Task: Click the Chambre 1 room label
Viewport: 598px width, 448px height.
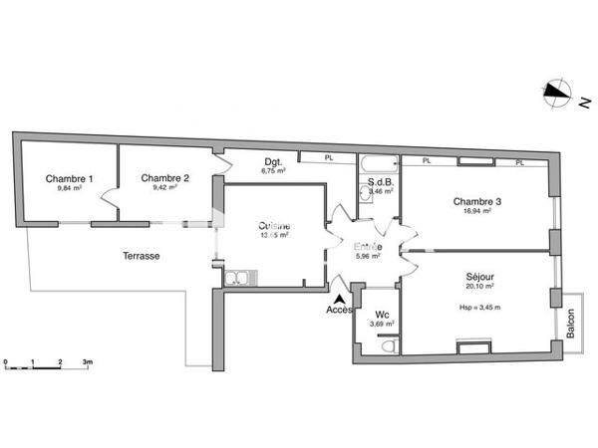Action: [x=69, y=178]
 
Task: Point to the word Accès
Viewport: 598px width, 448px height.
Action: [x=340, y=310]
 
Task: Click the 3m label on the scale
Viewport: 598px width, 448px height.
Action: [x=88, y=359]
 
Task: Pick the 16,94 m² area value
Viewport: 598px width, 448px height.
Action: [x=476, y=212]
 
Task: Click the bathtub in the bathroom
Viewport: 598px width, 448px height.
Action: [x=379, y=162]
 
